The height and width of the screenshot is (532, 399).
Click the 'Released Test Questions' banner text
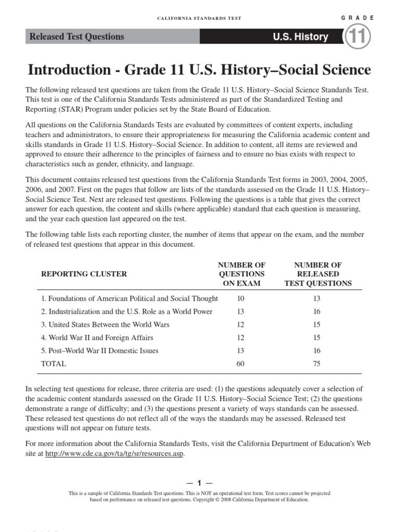(77, 37)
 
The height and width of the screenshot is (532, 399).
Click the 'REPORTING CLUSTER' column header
(84, 274)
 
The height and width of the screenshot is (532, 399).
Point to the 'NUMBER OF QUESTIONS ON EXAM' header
(242, 274)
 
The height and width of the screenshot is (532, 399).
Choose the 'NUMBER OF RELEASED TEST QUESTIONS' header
(317, 274)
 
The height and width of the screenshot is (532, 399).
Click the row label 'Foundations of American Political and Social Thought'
(129, 299)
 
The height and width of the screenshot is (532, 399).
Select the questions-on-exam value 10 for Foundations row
(240, 299)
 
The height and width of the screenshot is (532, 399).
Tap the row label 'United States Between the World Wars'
(105, 325)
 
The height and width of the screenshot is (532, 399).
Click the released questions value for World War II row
(317, 338)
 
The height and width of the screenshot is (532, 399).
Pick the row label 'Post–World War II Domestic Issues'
(100, 351)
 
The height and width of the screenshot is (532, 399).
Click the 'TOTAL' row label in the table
(54, 364)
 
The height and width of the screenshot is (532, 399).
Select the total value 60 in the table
(240, 364)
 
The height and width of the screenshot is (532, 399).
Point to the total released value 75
(317, 364)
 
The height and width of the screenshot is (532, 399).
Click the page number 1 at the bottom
(199, 483)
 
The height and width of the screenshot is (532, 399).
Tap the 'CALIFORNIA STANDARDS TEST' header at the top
(199, 18)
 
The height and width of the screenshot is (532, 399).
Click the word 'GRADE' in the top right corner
(357, 18)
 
